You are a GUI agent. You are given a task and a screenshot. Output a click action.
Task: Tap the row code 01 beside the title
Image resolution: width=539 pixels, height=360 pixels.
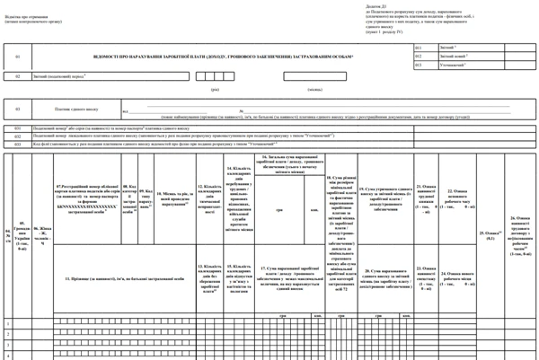point(17,57)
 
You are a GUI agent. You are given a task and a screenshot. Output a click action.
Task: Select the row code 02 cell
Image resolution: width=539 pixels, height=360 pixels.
point(17,76)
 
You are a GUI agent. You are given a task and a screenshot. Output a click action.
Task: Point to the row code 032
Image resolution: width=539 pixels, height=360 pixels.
point(17,136)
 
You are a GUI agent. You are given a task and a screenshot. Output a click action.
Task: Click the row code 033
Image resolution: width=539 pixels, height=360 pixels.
point(17,143)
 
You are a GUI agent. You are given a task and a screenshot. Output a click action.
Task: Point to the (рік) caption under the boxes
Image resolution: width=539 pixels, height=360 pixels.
point(216,90)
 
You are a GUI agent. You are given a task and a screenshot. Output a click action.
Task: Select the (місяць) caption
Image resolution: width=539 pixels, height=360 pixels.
point(315,90)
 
